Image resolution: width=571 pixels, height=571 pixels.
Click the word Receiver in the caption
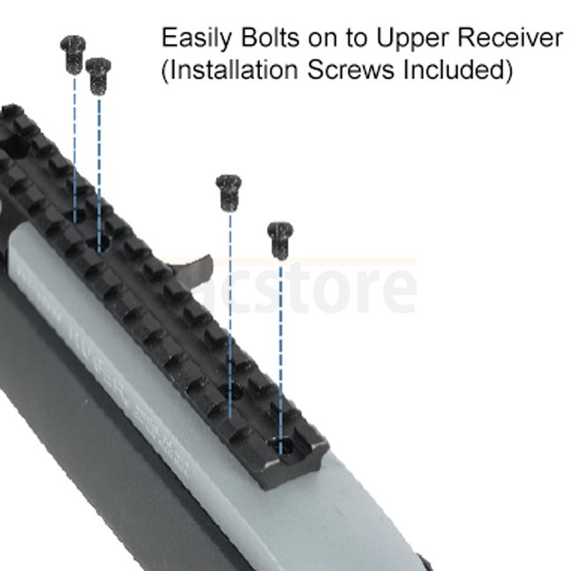click(511, 39)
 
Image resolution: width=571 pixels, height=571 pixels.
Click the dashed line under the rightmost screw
click(281, 351)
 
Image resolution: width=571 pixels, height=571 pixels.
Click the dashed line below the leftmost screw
click(74, 141)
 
